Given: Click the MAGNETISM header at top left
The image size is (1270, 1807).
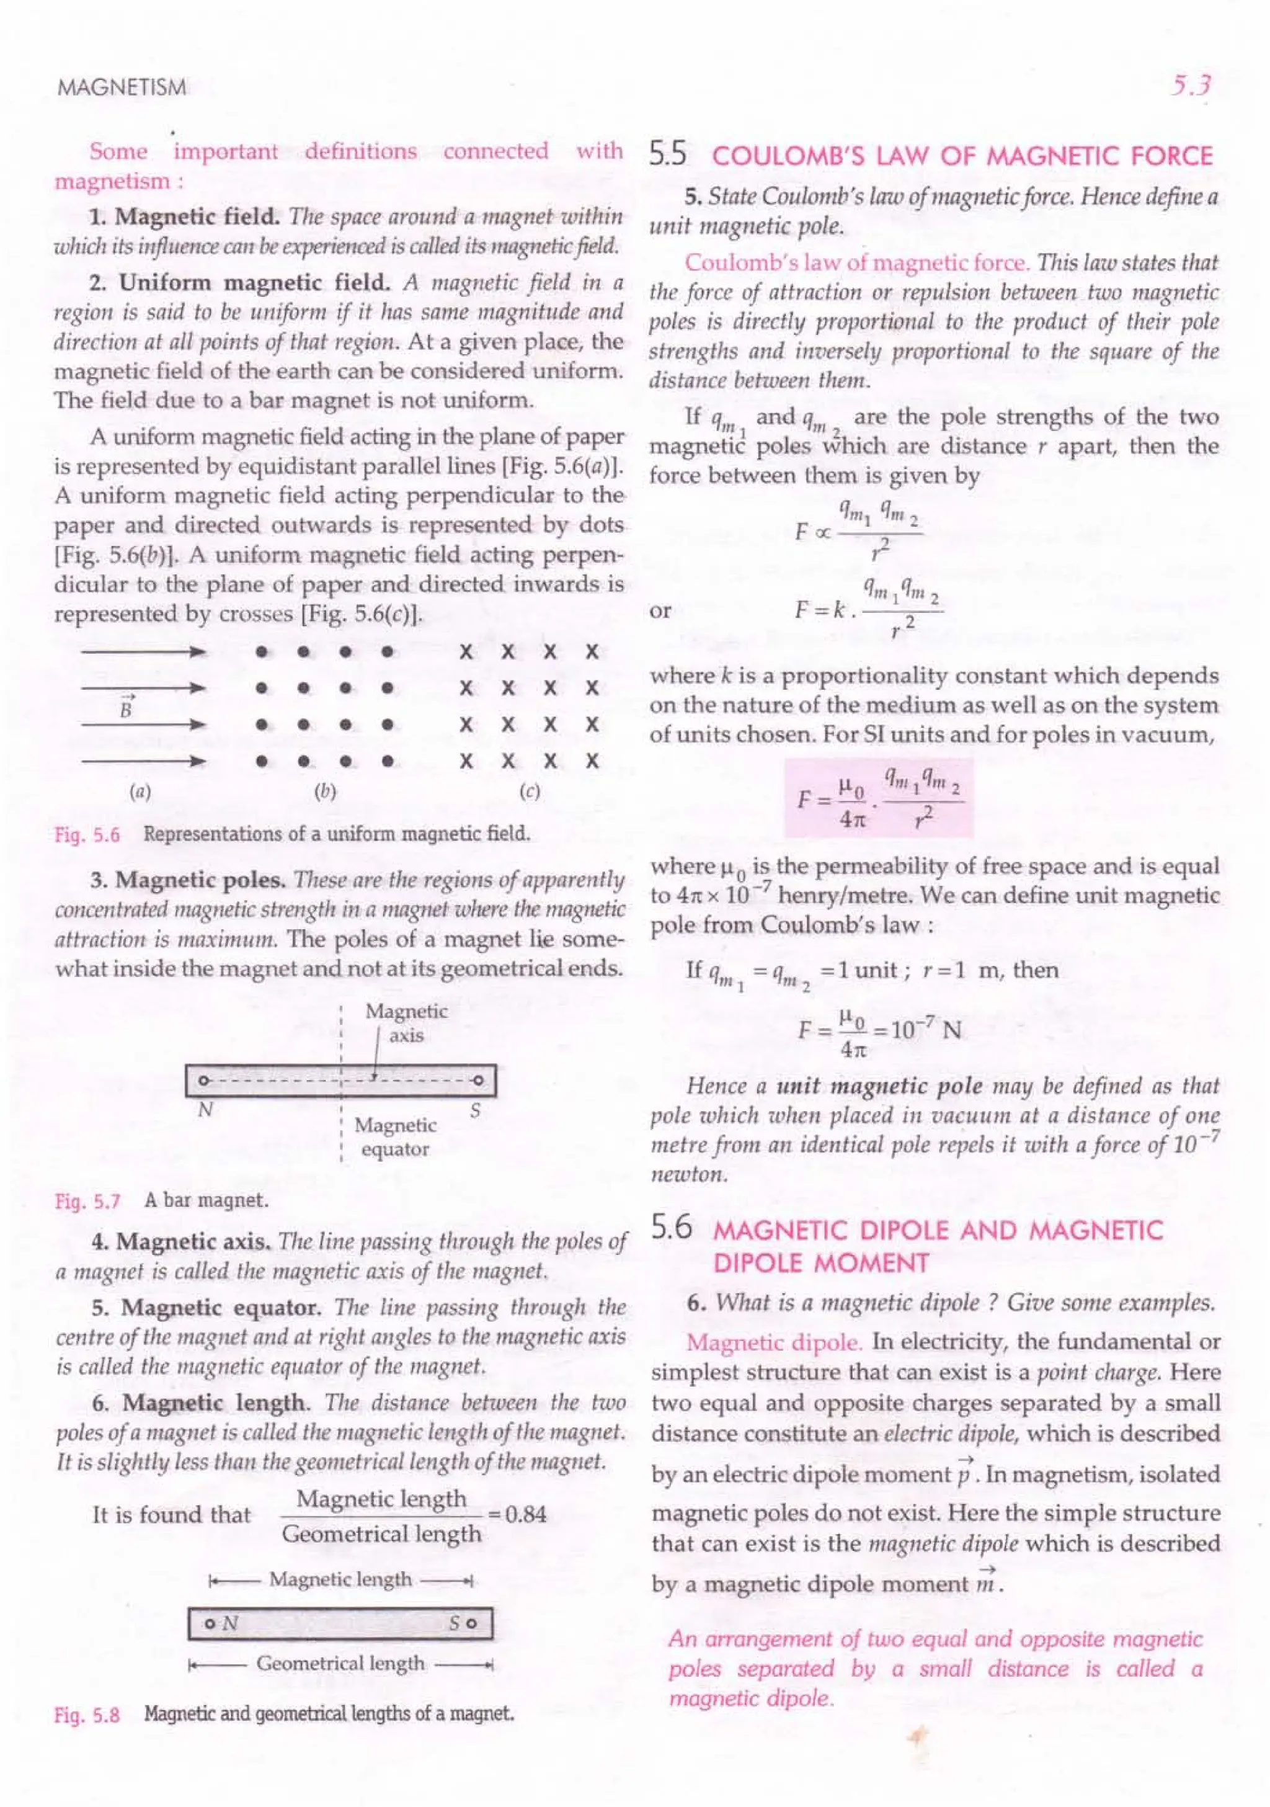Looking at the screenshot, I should tap(122, 87).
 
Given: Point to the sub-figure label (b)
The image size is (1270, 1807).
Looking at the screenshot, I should tap(325, 792).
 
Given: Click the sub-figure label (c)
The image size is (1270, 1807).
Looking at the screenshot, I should tap(530, 792).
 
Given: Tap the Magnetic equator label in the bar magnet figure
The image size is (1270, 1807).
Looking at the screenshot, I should tap(394, 1136).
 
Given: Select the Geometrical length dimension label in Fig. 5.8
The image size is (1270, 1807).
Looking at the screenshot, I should tap(340, 1663).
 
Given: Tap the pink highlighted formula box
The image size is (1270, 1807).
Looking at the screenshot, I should tap(878, 797).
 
